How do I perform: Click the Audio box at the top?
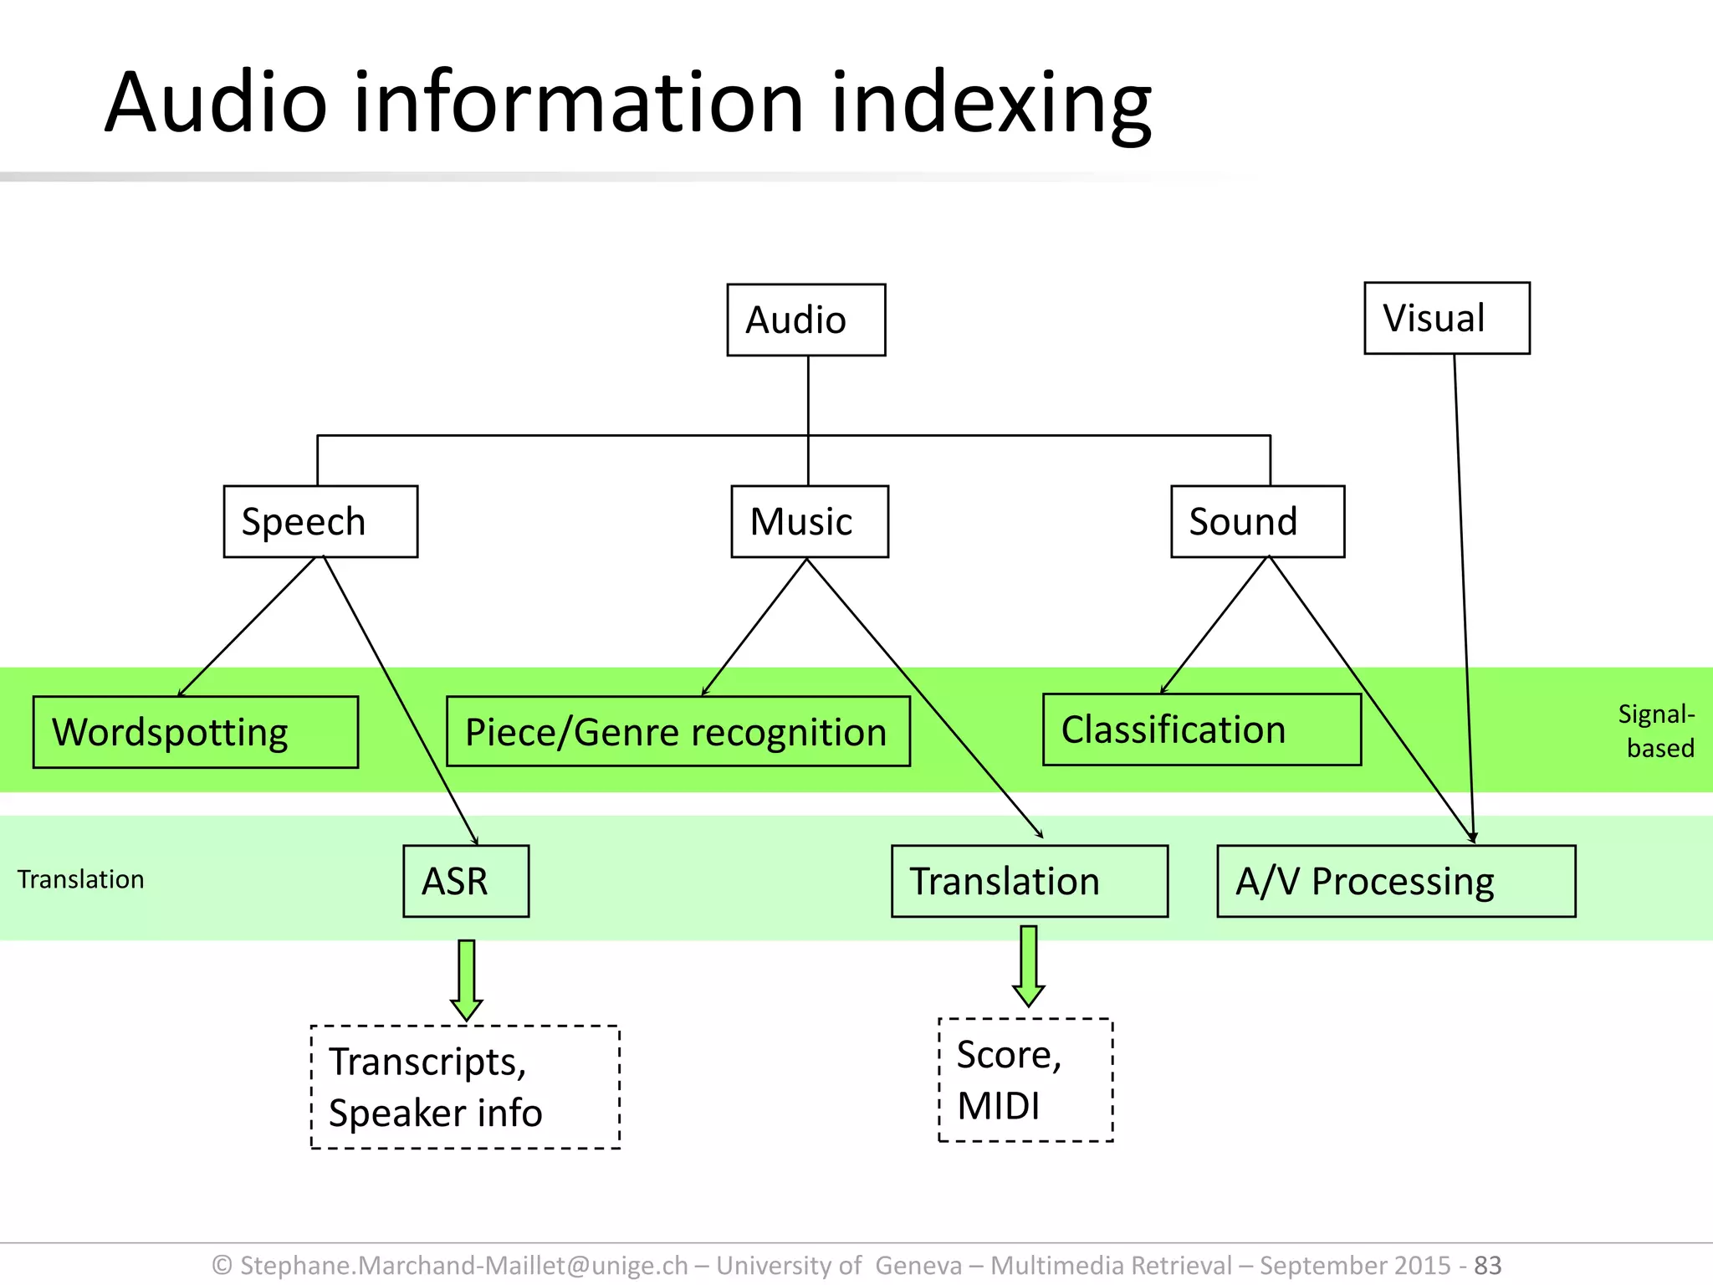tap(805, 320)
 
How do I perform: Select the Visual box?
tap(1446, 318)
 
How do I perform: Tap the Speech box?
tap(320, 521)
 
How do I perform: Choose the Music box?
tap(809, 521)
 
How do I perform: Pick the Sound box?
tap(1257, 521)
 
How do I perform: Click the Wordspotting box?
tap(195, 732)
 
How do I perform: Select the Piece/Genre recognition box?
tap(678, 732)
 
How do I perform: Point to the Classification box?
tap(1201, 730)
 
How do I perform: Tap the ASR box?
tap(465, 881)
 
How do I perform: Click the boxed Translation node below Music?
tap(1029, 881)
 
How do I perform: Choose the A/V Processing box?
tap(1395, 881)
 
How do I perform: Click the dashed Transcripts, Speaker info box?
tap(465, 1087)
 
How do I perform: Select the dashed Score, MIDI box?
tap(1025, 1079)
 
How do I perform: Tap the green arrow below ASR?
tap(466, 979)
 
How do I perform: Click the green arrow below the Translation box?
tap(1028, 965)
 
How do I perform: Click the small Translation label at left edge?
tap(81, 879)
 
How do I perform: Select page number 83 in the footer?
tap(1488, 1265)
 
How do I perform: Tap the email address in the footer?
tap(463, 1265)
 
